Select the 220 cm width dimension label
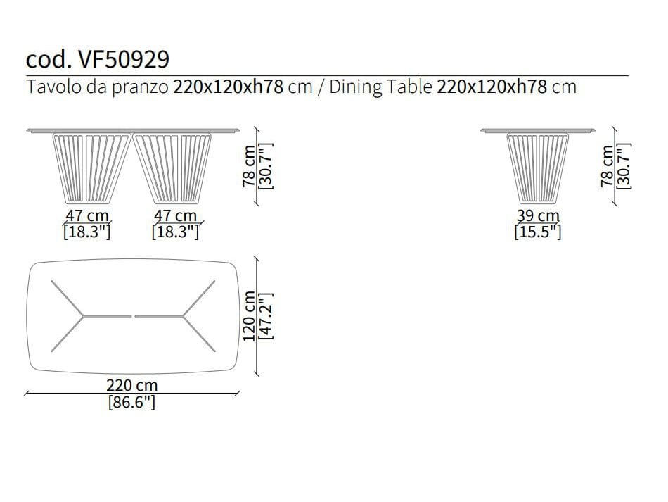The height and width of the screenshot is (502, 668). [x=132, y=385]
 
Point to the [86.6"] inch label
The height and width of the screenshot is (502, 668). [x=132, y=402]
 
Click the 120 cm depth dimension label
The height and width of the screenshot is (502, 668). [x=249, y=316]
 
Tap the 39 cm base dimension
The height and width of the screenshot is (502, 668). [x=538, y=216]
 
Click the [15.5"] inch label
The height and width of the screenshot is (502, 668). [x=538, y=232]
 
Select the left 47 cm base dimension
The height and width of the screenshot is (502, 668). [x=87, y=216]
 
